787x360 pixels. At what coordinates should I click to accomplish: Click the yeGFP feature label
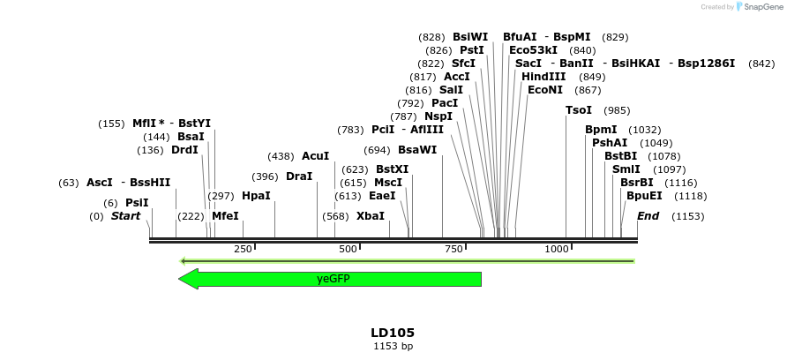pyautogui.click(x=334, y=279)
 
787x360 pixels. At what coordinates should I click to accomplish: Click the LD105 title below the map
pyautogui.click(x=393, y=333)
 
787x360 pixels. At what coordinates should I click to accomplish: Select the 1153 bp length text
pyautogui.click(x=393, y=347)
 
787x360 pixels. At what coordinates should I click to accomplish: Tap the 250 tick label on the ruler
pyautogui.click(x=243, y=250)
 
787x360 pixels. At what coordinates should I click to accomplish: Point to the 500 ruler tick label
pyautogui.click(x=348, y=250)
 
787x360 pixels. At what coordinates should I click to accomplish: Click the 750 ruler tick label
pyautogui.click(x=453, y=250)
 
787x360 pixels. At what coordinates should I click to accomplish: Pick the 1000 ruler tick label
pyautogui.click(x=556, y=250)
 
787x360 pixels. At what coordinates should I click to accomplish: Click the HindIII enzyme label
pyautogui.click(x=544, y=77)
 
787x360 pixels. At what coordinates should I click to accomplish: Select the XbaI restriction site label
pyautogui.click(x=371, y=216)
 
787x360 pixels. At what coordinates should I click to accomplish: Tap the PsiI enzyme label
pyautogui.click(x=137, y=203)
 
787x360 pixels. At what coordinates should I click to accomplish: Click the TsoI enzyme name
pyautogui.click(x=579, y=110)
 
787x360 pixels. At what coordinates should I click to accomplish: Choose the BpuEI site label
pyautogui.click(x=643, y=196)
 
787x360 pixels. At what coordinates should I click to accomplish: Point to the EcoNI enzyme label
pyautogui.click(x=545, y=90)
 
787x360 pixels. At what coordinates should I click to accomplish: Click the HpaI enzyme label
pyautogui.click(x=256, y=196)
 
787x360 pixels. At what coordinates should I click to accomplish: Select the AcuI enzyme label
pyautogui.click(x=315, y=156)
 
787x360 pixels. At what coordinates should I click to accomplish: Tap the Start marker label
pyautogui.click(x=125, y=216)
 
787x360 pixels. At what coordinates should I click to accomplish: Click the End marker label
pyautogui.click(x=648, y=216)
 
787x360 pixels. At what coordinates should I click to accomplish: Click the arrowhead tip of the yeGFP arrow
pyautogui.click(x=180, y=279)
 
